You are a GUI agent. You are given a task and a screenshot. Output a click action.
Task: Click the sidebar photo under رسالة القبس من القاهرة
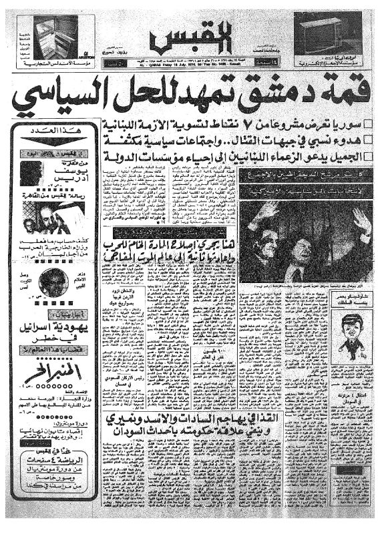[45, 217]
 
